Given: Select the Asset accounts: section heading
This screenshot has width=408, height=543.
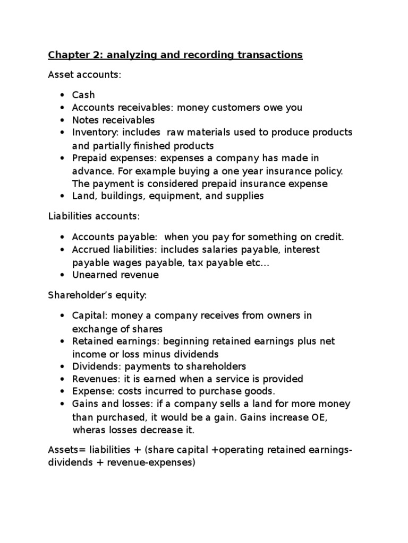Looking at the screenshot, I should (84, 75).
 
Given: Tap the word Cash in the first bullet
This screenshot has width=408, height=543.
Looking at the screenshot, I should (83, 95).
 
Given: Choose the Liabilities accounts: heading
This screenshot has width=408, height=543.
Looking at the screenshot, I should (93, 216).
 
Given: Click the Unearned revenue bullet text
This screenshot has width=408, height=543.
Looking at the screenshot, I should (115, 275).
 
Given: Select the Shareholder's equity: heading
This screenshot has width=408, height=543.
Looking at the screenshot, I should (92, 295).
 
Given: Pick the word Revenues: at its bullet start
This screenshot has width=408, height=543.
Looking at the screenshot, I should (93, 379).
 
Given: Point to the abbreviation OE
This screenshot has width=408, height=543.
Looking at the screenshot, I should (318, 417).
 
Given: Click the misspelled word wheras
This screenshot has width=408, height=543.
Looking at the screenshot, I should (88, 430).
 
